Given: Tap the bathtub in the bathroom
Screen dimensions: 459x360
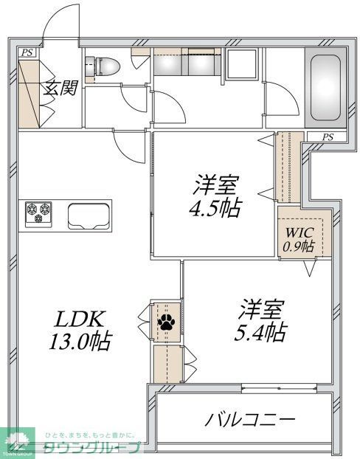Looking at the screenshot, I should point(325,88).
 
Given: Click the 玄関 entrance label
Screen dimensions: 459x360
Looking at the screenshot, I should point(58,88).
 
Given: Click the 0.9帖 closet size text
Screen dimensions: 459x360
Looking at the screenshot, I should point(298,246).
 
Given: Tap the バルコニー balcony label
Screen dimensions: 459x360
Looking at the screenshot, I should point(250,420).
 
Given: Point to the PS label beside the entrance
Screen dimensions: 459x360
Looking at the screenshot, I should point(27,52).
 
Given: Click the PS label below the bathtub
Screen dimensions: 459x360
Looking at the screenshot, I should point(327,137).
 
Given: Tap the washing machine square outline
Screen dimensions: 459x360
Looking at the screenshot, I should point(242,65).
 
